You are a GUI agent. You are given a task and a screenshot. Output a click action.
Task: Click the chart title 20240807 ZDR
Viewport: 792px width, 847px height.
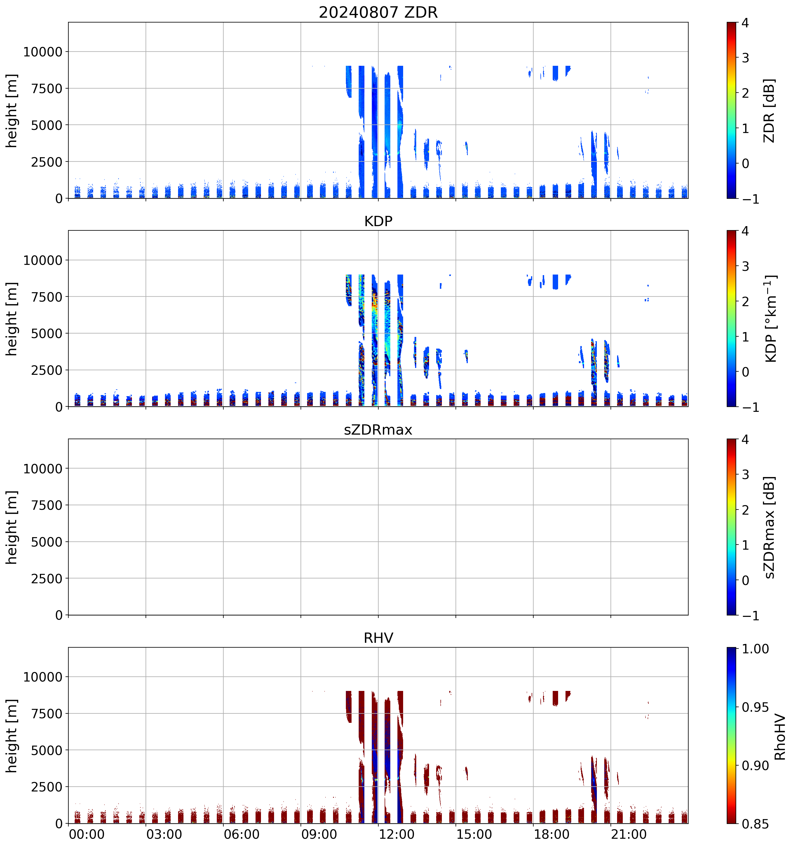pyautogui.click(x=378, y=12)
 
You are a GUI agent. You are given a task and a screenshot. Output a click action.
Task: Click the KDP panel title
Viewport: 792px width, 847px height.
pyautogui.click(x=378, y=222)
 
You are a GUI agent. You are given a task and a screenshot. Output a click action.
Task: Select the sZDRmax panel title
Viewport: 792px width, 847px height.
pyautogui.click(x=378, y=430)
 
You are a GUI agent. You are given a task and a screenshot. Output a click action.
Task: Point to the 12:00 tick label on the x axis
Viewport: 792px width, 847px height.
pyautogui.click(x=396, y=834)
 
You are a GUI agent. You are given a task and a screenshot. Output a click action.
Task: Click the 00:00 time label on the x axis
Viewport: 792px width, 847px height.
pyautogui.click(x=87, y=834)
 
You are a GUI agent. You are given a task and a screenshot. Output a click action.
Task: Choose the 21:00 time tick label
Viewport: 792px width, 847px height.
pyautogui.click(x=629, y=834)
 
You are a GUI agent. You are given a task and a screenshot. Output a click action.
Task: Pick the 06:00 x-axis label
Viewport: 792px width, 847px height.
pyautogui.click(x=242, y=834)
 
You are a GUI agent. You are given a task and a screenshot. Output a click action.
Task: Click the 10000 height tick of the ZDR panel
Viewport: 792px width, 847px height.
pyautogui.click(x=43, y=52)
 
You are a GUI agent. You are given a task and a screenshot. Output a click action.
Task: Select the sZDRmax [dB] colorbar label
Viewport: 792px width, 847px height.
pyautogui.click(x=769, y=527)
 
